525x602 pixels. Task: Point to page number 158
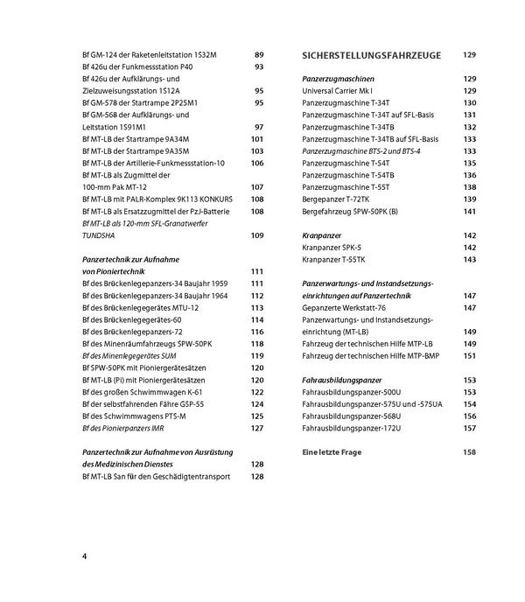point(469,452)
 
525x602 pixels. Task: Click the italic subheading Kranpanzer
point(321,235)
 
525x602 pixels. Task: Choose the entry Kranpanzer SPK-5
point(331,248)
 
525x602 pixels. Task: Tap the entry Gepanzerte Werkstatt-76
point(344,308)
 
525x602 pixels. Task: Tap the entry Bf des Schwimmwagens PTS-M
point(132,416)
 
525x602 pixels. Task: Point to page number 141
point(469,211)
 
